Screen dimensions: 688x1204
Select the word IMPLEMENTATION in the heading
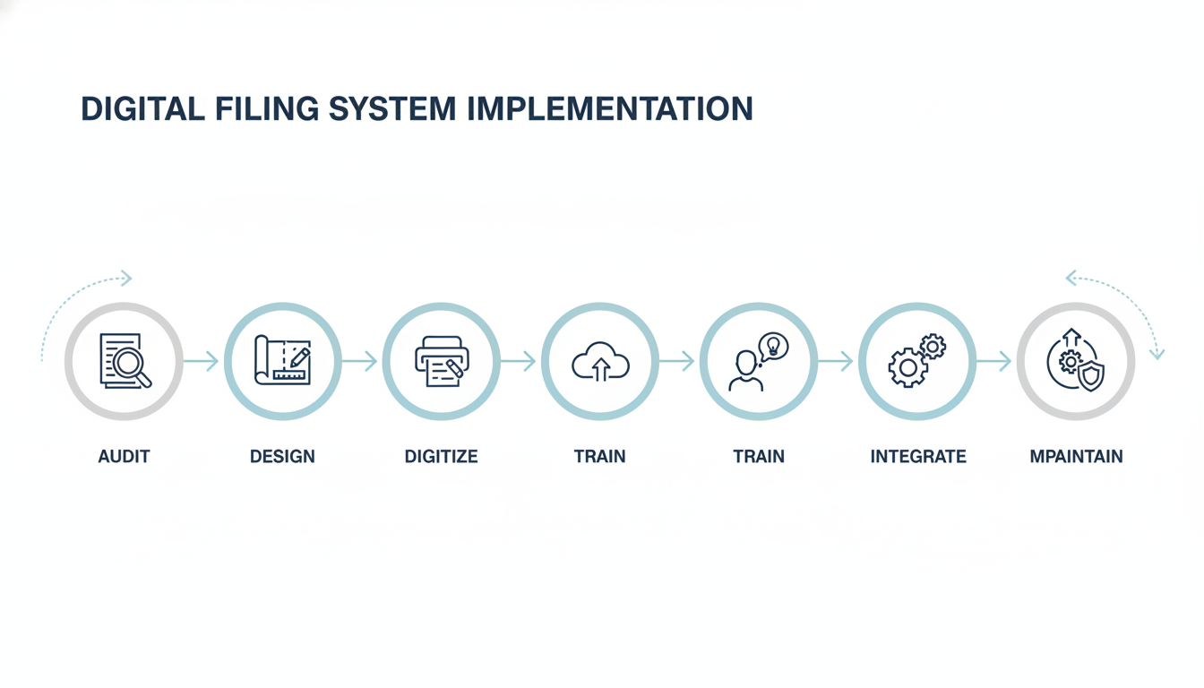(609, 108)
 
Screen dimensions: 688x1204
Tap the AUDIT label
(124, 457)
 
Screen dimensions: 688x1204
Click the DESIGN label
(282, 457)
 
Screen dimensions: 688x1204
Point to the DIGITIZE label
(441, 457)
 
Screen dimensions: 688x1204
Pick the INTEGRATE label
(918, 457)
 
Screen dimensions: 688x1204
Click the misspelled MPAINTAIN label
(1076, 457)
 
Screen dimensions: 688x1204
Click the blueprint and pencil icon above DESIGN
(282, 361)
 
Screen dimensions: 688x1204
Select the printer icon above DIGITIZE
(441, 361)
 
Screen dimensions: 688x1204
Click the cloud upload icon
(599, 363)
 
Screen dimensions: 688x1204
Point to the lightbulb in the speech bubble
(773, 346)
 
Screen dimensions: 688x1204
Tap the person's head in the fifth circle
(745, 363)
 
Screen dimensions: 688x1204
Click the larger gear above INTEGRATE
(907, 367)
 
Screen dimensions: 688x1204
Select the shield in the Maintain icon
(1090, 376)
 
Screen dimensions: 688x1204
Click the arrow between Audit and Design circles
(202, 361)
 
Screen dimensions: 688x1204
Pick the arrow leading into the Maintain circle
(995, 361)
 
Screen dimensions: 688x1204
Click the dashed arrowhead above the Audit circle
(126, 279)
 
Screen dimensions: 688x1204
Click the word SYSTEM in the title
(393, 108)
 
